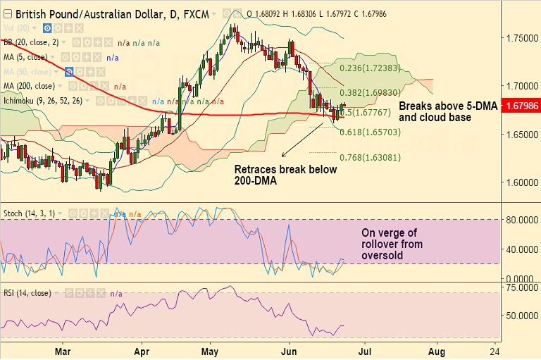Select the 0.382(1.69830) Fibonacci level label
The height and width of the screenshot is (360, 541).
click(x=370, y=92)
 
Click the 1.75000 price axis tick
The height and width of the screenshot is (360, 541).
click(x=518, y=37)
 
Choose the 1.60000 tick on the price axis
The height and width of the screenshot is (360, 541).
click(x=518, y=183)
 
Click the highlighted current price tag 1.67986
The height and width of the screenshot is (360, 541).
click(x=521, y=106)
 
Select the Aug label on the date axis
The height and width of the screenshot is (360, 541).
click(x=436, y=350)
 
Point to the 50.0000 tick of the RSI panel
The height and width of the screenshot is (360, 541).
click(x=521, y=316)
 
